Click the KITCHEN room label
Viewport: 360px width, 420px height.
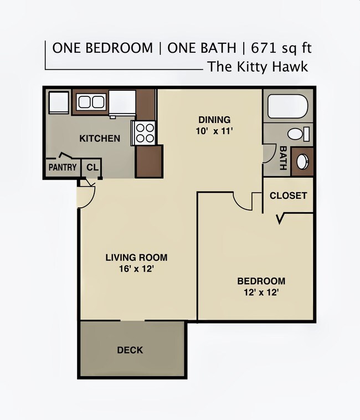100,139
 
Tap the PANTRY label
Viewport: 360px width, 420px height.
63,167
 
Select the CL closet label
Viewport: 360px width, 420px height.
92,167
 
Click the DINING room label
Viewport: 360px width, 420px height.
214,120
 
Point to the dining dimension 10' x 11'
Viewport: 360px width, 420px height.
214,132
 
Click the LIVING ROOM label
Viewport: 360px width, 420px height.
136,258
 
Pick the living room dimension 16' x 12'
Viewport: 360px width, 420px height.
136,269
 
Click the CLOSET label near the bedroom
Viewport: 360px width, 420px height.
288,196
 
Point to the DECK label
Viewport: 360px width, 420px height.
130,350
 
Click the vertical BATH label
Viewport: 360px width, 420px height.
283,158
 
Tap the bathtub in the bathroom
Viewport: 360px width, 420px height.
287,106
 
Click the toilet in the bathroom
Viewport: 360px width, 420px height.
298,134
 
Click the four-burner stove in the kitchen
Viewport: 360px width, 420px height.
145,133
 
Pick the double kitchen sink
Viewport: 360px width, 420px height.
91,102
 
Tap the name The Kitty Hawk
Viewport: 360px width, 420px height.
258,68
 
